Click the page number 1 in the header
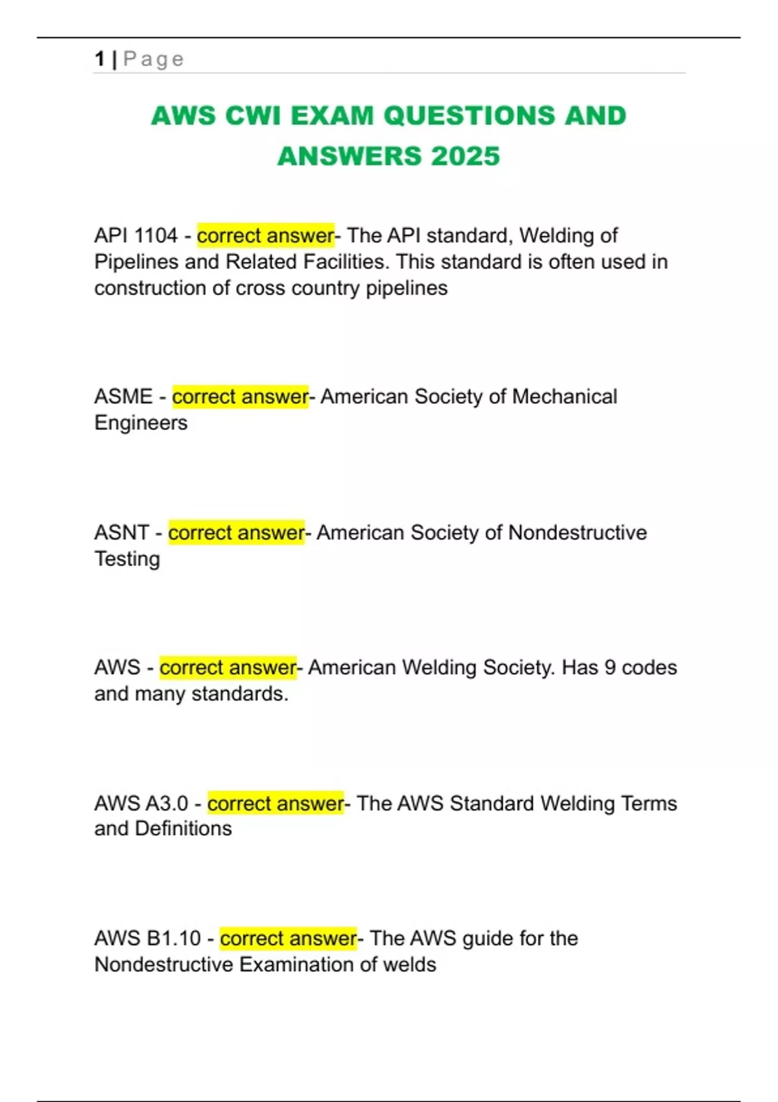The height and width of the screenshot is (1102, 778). click(x=99, y=59)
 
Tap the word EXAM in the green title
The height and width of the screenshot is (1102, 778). click(x=332, y=116)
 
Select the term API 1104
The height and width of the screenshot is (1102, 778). click(x=136, y=235)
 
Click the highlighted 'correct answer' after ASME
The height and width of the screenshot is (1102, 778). click(x=240, y=397)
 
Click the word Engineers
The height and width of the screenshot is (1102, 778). click(x=141, y=423)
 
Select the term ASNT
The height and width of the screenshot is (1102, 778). click(x=121, y=533)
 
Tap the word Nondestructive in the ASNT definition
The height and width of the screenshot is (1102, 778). click(x=577, y=533)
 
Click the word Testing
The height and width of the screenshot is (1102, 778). click(x=127, y=559)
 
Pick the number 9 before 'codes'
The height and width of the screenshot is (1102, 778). click(x=609, y=668)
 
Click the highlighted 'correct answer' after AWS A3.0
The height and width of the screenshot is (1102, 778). click(x=276, y=804)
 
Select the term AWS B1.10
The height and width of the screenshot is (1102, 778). click(x=148, y=939)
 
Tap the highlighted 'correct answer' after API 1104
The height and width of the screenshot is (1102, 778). click(x=265, y=235)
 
